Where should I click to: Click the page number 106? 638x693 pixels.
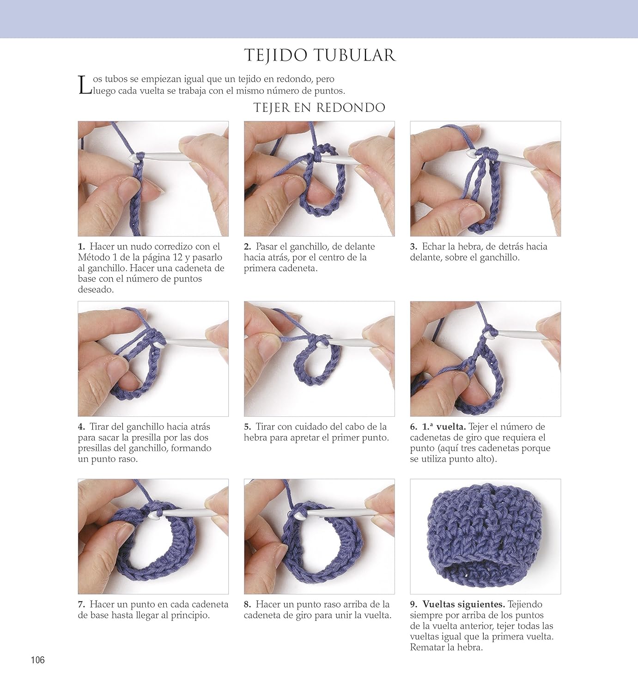pyautogui.click(x=38, y=660)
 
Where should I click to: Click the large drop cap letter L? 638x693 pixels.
pyautogui.click(x=85, y=85)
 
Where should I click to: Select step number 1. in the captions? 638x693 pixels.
pyautogui.click(x=82, y=247)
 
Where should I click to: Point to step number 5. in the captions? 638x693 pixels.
pyautogui.click(x=248, y=426)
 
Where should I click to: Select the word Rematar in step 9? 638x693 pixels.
pyautogui.click(x=425, y=647)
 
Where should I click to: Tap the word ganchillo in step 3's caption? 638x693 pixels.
pyautogui.click(x=499, y=258)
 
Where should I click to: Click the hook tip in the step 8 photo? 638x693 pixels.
pyautogui.click(x=298, y=516)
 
